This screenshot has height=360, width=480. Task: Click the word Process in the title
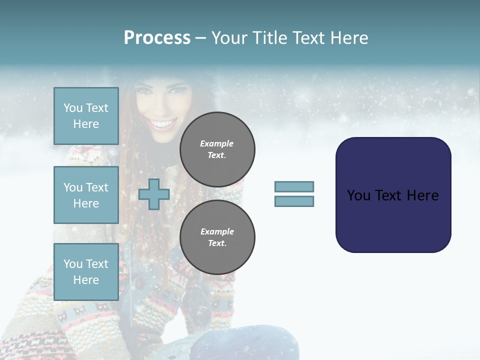[x=157, y=38]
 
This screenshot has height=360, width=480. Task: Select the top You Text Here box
[x=86, y=116]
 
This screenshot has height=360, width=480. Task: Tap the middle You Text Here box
[x=86, y=195]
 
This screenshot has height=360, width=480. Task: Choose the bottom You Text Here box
[x=86, y=271]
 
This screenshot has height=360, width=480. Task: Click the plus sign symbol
[x=154, y=194]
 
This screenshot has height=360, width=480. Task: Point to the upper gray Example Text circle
[x=217, y=149]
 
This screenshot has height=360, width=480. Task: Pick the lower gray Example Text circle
[x=217, y=237]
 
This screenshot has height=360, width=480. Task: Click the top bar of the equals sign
[x=294, y=186]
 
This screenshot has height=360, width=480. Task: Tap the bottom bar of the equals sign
[x=294, y=201]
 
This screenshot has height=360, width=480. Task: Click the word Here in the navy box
[x=422, y=195]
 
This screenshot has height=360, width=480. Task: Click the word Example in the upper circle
[x=217, y=143]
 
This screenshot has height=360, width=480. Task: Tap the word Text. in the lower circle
[x=217, y=243]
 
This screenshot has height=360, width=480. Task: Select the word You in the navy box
[x=358, y=195]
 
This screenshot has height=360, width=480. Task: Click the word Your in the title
[x=229, y=38]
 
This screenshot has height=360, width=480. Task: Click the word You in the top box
[x=73, y=108]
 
